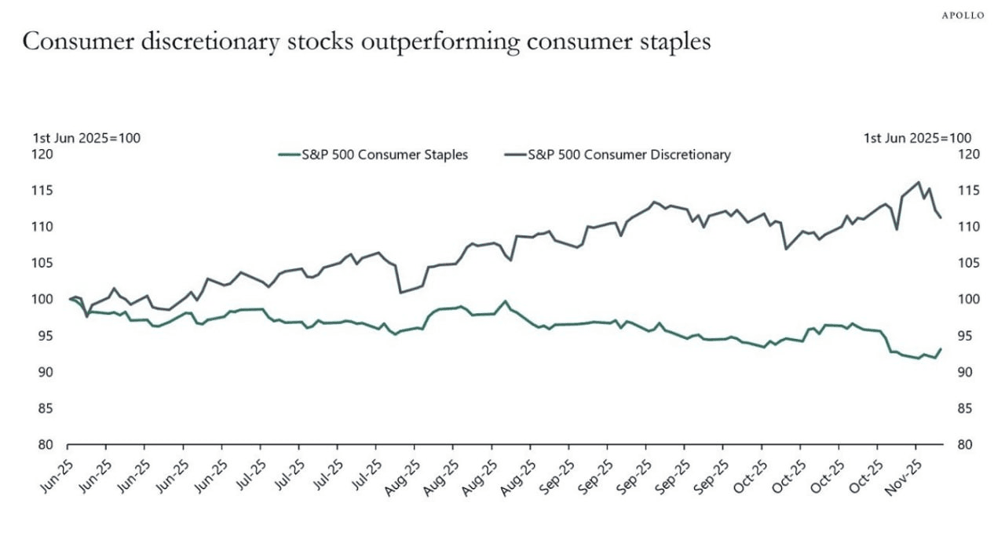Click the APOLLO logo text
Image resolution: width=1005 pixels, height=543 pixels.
point(962,15)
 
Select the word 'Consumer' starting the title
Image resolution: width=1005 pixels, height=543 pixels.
point(70,42)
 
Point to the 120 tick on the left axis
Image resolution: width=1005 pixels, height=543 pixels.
point(42,154)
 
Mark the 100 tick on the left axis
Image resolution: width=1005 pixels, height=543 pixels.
point(42,299)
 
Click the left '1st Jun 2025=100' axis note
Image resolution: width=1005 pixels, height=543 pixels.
point(86,138)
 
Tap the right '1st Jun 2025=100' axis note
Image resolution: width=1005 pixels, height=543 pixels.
point(917,138)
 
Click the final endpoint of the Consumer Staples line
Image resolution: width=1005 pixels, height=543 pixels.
point(941,349)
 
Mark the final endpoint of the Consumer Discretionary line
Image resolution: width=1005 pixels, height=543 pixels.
point(941,217)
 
